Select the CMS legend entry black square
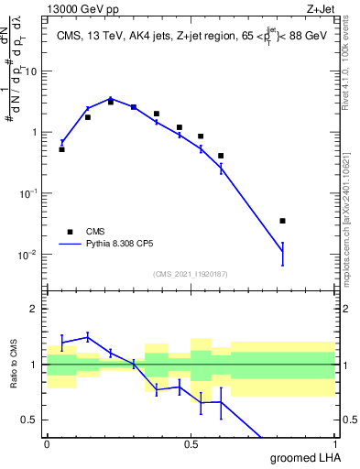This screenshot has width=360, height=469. coord(69,232)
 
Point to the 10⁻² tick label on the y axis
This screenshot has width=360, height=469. coord(30,255)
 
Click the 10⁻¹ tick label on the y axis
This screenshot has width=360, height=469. coord(30,193)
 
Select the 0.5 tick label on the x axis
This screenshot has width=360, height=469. coord(191,444)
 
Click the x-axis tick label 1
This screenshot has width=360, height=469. coord(333,444)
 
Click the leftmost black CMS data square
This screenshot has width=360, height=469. coord(61,148)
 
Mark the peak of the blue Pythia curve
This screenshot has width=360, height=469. coord(110,98)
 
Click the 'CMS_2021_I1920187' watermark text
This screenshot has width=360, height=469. coord(191,273)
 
